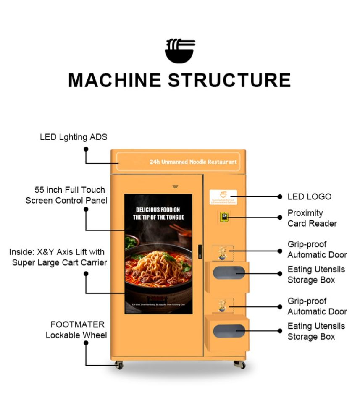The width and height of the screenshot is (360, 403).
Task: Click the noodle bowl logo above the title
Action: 180,51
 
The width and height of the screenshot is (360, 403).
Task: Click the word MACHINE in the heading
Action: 115,80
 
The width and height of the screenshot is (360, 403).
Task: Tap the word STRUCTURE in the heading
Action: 230,80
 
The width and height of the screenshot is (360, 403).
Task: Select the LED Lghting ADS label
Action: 74,137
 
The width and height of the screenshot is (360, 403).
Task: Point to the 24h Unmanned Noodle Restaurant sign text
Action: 193,162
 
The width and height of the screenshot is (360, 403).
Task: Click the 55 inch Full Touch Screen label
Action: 66,195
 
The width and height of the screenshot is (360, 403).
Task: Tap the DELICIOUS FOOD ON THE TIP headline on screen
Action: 158,213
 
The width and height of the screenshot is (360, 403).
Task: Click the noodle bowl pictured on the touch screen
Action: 159,267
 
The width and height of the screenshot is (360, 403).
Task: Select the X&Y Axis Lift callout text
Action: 58,257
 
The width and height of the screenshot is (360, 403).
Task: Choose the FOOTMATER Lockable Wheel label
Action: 76,330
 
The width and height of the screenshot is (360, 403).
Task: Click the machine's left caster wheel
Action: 120,365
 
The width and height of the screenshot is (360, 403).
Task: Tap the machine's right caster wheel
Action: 241,364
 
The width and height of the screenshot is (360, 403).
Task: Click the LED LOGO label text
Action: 309,196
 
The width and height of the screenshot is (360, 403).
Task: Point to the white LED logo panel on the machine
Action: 223,197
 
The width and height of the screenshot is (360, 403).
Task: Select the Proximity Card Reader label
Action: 312,218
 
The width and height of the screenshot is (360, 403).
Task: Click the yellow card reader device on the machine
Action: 224,217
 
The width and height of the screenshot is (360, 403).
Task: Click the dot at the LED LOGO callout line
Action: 280,196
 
